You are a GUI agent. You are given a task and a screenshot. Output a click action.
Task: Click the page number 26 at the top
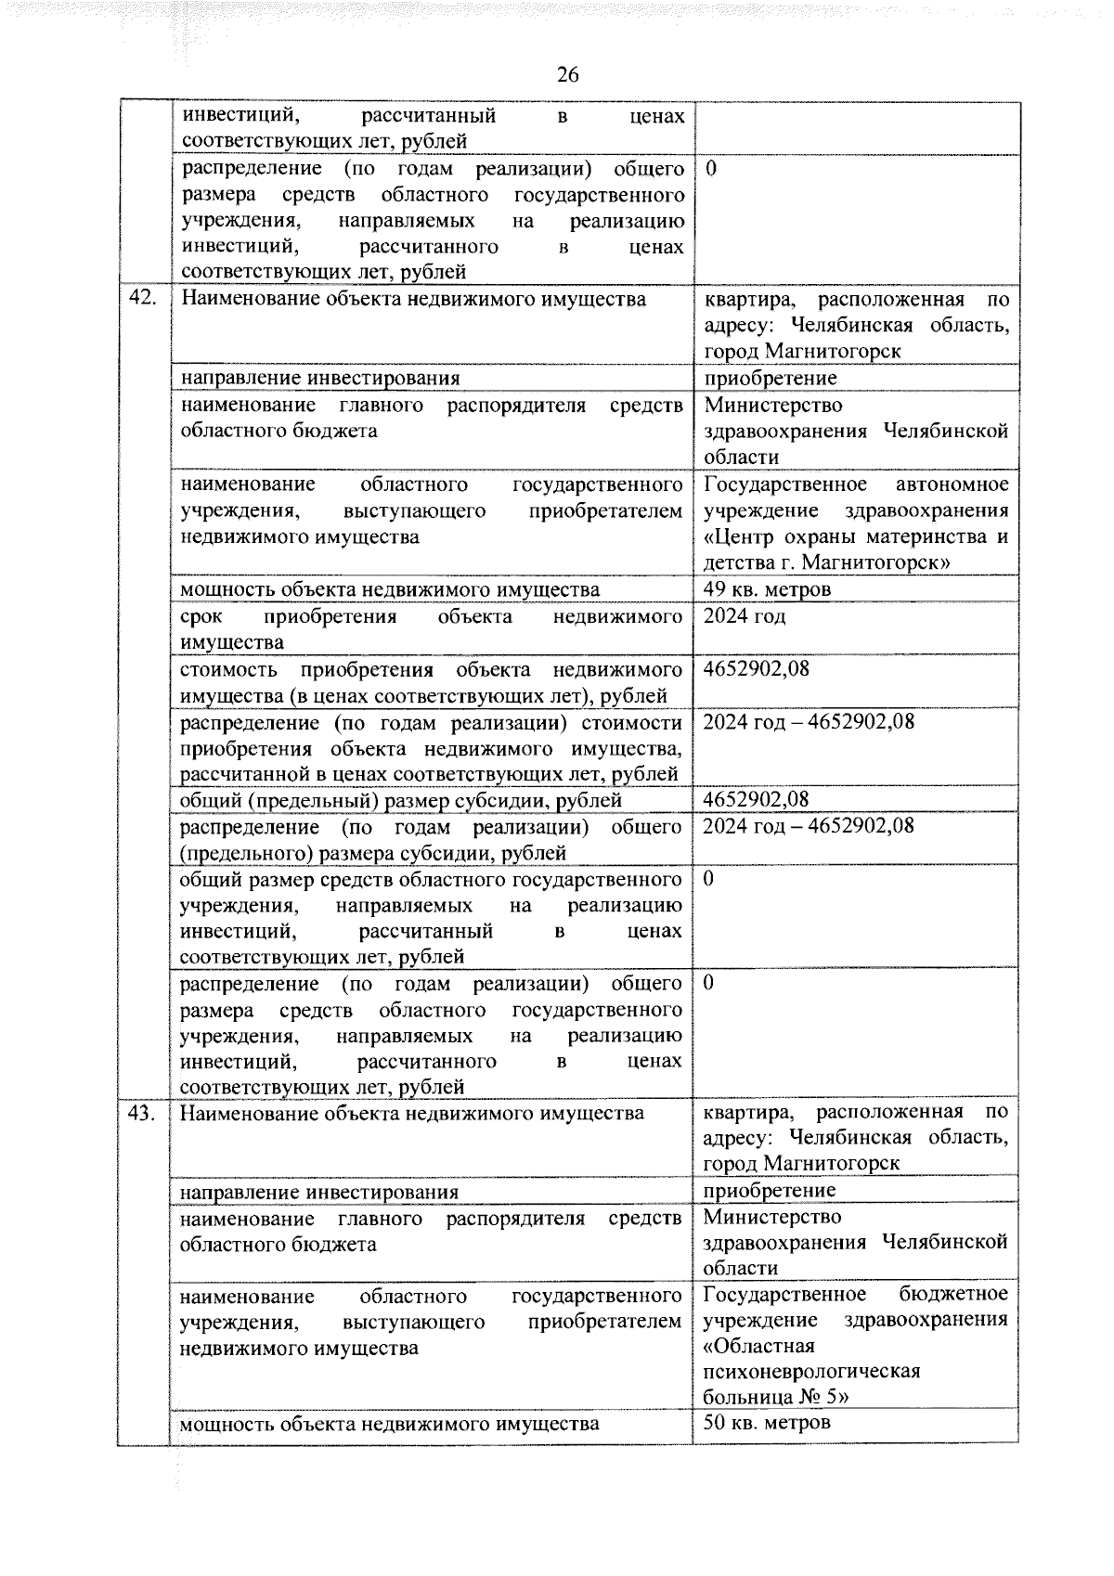(x=567, y=75)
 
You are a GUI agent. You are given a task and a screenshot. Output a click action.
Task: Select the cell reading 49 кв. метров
(x=767, y=589)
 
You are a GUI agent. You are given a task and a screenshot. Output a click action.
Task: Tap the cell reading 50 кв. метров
(x=767, y=1422)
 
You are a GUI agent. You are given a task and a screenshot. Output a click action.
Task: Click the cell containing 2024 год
(x=745, y=616)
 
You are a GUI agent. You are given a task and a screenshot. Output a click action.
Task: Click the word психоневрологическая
(x=811, y=1371)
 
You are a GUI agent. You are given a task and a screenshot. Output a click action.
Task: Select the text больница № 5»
(x=776, y=1397)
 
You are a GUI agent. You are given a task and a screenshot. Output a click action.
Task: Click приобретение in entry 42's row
(x=771, y=378)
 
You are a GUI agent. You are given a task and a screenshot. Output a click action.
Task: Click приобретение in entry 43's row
(x=770, y=1190)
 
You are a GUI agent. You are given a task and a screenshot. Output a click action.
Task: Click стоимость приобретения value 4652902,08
(x=757, y=669)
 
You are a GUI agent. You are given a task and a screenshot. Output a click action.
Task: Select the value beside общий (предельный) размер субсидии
(x=757, y=799)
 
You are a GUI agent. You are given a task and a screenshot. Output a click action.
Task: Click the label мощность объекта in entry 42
(x=389, y=589)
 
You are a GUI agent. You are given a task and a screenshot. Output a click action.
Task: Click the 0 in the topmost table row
(x=711, y=169)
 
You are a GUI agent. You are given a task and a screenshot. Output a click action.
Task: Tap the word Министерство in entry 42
(x=773, y=406)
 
